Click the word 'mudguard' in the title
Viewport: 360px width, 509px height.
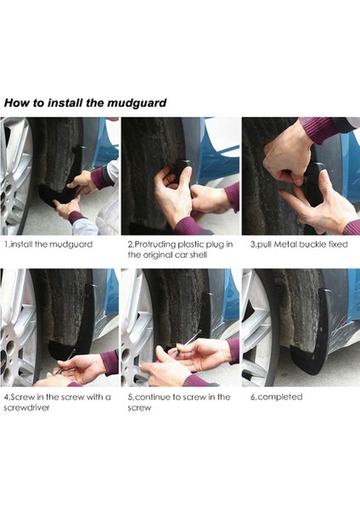(137, 103)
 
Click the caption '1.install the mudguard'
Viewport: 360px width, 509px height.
(48, 244)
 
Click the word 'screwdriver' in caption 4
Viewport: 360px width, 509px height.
(26, 407)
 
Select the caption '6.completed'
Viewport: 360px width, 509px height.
(277, 397)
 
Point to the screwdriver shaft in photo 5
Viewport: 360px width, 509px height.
(190, 339)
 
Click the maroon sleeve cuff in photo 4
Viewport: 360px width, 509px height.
(110, 362)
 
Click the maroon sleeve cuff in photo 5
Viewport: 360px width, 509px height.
(233, 351)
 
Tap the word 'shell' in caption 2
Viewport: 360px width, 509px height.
(199, 255)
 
